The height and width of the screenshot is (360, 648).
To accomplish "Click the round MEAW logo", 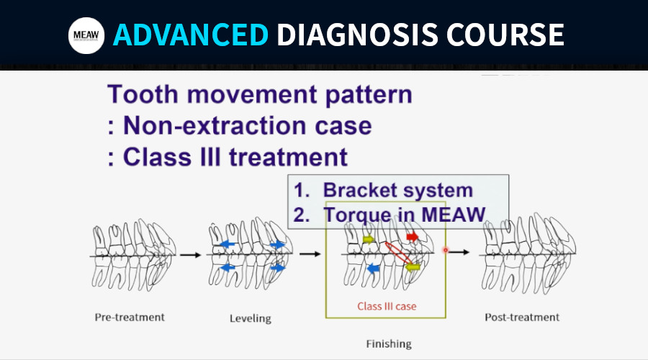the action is pyautogui.click(x=86, y=35).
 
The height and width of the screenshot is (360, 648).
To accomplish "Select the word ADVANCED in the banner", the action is pyautogui.click(x=191, y=35).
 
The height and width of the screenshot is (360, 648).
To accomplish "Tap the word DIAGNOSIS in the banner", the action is pyautogui.click(x=357, y=35).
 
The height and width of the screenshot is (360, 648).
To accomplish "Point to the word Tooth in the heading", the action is pyautogui.click(x=143, y=94).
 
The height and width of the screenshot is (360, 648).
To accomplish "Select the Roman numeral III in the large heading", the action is pyautogui.click(x=210, y=157).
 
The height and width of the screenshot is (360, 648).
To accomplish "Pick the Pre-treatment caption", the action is pyautogui.click(x=130, y=317).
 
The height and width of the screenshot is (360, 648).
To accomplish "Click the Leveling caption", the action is pyautogui.click(x=251, y=318).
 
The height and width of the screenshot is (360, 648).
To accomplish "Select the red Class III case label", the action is pyautogui.click(x=387, y=306).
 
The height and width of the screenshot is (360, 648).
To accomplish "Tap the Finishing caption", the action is pyautogui.click(x=389, y=344).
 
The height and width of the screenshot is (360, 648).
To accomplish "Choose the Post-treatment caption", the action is pyautogui.click(x=522, y=317).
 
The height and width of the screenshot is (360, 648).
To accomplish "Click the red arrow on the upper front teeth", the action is pyautogui.click(x=413, y=237).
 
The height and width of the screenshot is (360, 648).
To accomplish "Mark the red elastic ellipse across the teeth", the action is pyautogui.click(x=398, y=253).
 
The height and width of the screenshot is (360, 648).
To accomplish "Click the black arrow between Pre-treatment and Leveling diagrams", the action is pyautogui.click(x=190, y=255).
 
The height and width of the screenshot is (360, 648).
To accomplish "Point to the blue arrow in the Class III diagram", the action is pyautogui.click(x=373, y=269).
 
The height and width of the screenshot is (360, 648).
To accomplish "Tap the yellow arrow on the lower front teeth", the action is pyautogui.click(x=413, y=267).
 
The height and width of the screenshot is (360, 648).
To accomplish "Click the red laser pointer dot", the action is pyautogui.click(x=446, y=250).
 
